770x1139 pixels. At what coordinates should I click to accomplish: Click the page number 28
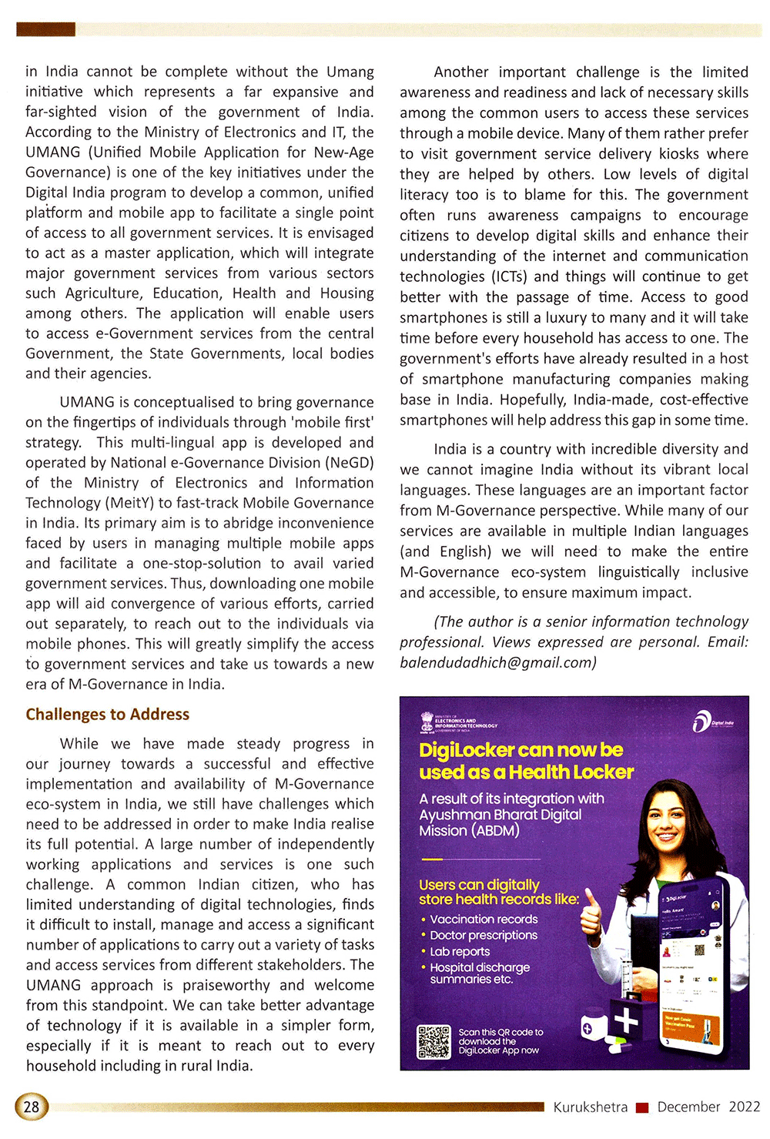click(31, 1107)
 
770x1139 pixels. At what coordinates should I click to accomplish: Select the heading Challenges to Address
click(107, 714)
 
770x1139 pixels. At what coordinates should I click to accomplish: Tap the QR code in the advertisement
click(434, 1041)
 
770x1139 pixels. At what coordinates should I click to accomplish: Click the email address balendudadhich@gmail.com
click(497, 662)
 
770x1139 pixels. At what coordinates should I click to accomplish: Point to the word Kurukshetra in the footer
click(590, 1107)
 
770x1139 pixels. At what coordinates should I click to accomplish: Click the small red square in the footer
click(642, 1107)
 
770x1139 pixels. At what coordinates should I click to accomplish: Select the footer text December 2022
click(708, 1107)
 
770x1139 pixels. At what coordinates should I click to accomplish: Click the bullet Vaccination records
click(484, 919)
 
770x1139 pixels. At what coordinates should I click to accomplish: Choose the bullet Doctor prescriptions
click(484, 935)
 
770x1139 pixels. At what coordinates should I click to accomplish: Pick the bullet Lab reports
click(460, 951)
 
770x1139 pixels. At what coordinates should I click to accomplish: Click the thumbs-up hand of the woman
click(591, 913)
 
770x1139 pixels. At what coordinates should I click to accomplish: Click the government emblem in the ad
click(427, 722)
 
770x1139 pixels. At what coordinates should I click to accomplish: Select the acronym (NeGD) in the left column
click(350, 463)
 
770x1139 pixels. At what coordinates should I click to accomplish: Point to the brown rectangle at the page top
click(45, 29)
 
